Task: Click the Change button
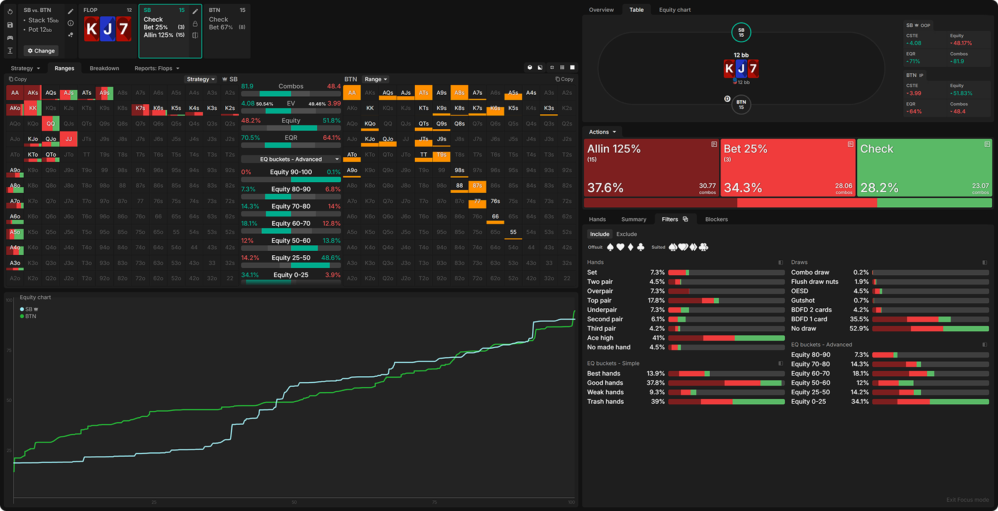pos(41,51)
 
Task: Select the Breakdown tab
pos(104,69)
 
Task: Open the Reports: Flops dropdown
pos(157,69)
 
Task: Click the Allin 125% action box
pos(651,167)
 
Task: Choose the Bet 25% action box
pos(788,167)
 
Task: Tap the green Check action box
pos(924,167)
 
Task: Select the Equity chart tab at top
pos(674,10)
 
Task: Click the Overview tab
pos(601,10)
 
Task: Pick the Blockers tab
pos(716,220)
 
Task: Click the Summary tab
pos(633,220)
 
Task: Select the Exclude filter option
pos(626,235)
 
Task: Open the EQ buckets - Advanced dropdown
pos(291,159)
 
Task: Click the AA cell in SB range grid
pos(15,93)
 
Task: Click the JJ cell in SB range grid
pos(69,139)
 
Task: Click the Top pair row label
pos(599,301)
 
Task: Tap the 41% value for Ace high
pos(658,338)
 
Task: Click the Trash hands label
pos(605,402)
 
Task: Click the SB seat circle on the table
pos(741,32)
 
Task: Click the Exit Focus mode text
pos(967,500)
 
